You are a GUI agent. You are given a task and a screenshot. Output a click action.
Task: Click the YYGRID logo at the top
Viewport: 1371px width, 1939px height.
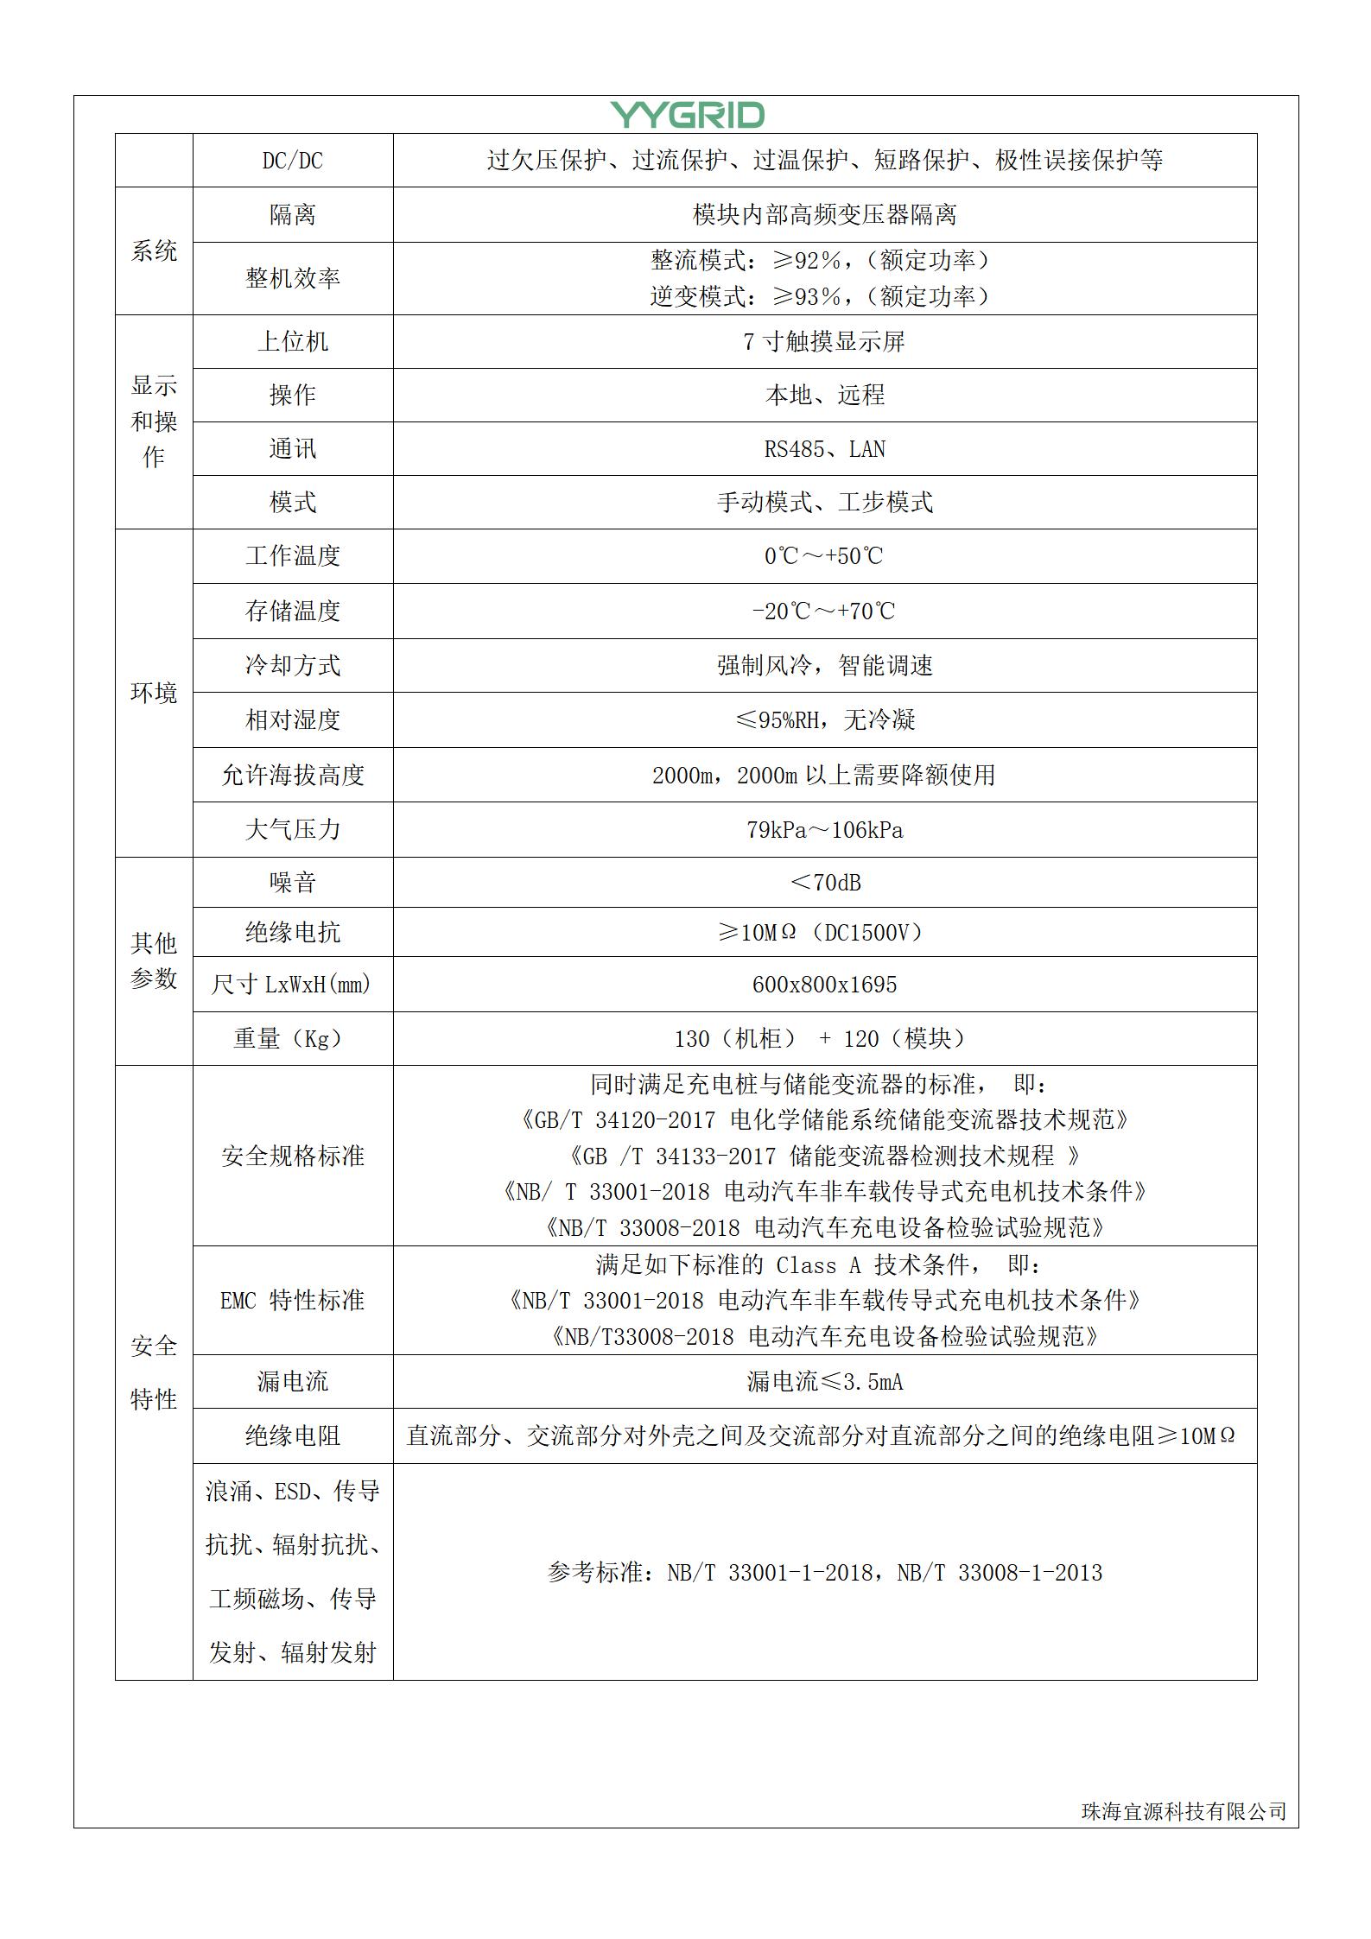[x=687, y=115]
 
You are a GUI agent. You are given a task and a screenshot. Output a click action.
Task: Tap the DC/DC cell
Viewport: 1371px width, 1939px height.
[x=292, y=161]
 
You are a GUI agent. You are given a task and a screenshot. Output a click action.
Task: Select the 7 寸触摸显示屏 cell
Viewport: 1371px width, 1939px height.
[x=824, y=342]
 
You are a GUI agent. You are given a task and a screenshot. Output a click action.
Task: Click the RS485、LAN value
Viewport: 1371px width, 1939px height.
[x=824, y=449]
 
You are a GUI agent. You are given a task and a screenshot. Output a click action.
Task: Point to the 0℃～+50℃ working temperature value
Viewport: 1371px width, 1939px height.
[x=824, y=556]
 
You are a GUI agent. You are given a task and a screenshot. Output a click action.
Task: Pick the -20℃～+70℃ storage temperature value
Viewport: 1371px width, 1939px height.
[x=824, y=611]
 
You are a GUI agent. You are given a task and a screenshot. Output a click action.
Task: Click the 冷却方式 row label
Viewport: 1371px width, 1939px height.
[x=292, y=666]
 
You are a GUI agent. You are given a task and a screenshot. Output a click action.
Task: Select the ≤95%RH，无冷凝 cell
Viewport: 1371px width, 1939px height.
[x=824, y=720]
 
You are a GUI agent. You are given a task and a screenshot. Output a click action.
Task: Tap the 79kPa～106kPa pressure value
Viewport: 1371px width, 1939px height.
[x=824, y=830]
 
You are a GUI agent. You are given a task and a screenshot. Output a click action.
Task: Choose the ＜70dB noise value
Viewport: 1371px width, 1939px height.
[x=824, y=883]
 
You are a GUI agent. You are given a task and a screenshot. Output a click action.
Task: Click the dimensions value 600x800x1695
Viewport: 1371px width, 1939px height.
[x=824, y=985]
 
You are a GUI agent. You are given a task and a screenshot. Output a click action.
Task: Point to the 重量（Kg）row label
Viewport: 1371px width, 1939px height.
[x=288, y=1039]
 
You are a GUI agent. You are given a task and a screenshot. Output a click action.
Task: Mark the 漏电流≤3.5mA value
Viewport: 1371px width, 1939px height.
[x=824, y=1382]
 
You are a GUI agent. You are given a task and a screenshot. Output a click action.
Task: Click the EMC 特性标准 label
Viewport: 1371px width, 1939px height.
[x=292, y=1301]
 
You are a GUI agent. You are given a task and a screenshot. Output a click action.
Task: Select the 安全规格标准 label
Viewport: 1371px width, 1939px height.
[x=292, y=1156]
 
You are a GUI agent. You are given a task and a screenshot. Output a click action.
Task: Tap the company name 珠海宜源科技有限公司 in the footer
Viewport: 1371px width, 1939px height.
[x=1184, y=1811]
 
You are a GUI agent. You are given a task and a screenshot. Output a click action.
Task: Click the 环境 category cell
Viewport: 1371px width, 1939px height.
[x=154, y=693]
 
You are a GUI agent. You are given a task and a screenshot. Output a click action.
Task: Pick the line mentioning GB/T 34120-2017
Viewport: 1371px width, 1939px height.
[x=824, y=1120]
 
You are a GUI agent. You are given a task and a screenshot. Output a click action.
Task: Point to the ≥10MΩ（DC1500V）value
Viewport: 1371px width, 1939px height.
[x=824, y=933]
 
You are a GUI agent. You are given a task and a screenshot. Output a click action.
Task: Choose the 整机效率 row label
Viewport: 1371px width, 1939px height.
[x=292, y=278]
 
